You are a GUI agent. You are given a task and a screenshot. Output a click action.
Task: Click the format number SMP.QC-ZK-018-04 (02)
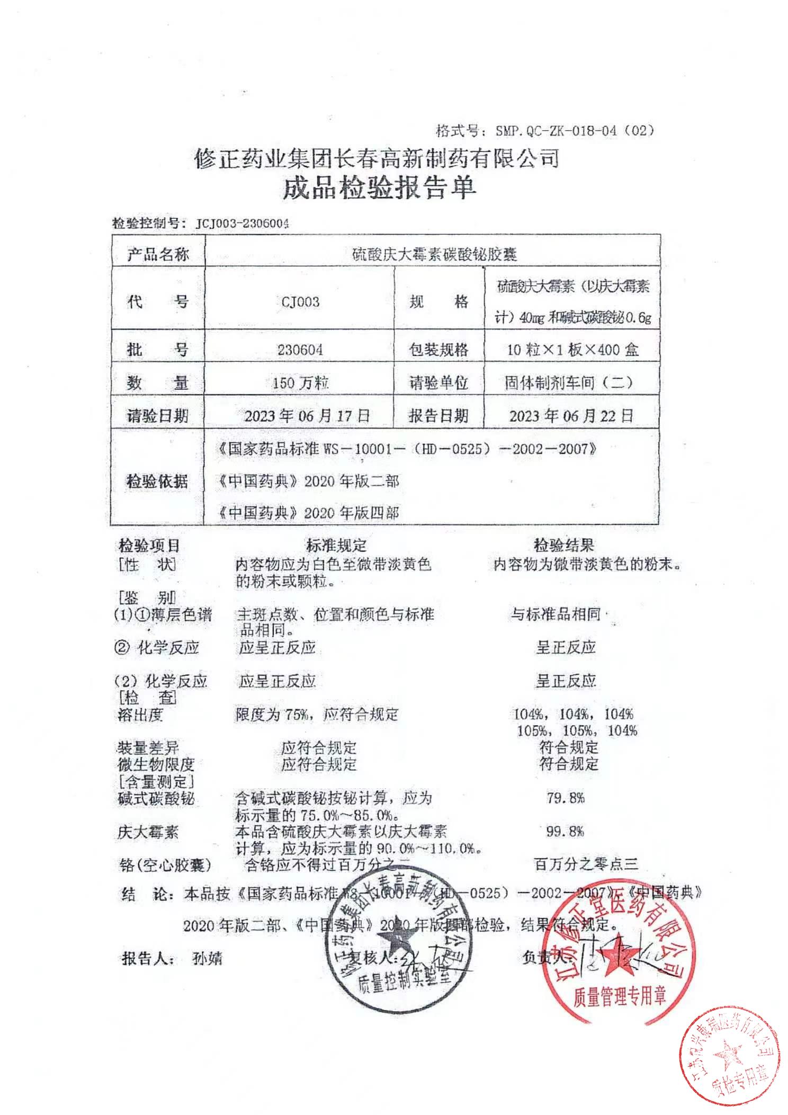click(574, 130)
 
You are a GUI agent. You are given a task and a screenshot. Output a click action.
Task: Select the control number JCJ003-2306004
click(243, 224)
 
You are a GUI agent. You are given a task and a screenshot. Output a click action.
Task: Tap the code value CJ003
click(300, 302)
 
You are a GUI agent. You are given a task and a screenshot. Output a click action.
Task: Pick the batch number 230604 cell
click(300, 350)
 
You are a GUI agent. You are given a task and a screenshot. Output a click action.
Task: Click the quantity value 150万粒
click(300, 382)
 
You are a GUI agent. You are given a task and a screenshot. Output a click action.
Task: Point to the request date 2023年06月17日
click(307, 415)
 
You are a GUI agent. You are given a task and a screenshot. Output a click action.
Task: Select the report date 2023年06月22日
click(571, 415)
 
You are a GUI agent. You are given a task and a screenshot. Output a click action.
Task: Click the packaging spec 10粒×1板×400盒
click(572, 350)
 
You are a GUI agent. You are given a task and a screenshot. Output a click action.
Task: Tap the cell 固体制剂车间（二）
click(569, 382)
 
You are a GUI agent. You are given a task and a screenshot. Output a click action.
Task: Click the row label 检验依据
click(157, 481)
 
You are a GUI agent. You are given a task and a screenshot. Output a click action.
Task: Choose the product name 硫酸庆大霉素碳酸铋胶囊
click(434, 255)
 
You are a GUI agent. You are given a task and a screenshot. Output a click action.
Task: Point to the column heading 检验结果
click(563, 545)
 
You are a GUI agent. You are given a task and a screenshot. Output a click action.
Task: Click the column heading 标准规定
click(336, 545)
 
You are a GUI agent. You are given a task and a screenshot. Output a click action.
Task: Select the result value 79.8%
click(566, 798)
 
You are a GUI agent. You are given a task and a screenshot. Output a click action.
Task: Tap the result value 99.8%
click(565, 831)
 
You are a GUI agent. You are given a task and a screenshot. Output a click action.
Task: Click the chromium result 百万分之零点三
click(586, 865)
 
